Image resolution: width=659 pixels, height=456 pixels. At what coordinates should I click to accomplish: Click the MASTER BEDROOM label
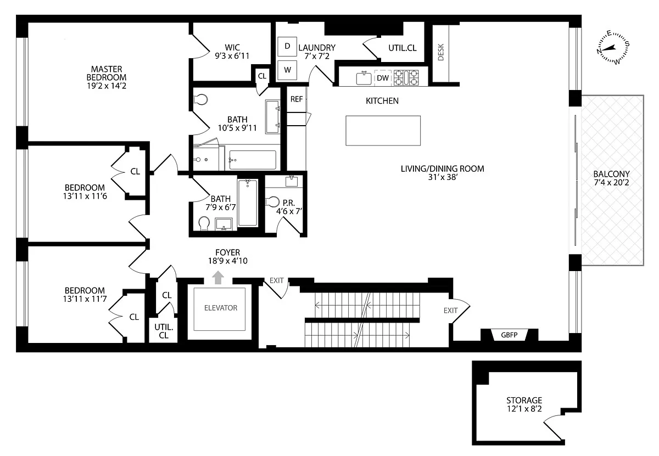pyautogui.click(x=107, y=73)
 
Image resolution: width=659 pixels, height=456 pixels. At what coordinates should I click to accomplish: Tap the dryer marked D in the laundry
pyautogui.click(x=287, y=46)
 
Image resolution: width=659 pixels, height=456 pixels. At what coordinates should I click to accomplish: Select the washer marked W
pyautogui.click(x=287, y=70)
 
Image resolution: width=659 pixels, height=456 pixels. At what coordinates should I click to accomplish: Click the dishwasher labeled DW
pyautogui.click(x=383, y=78)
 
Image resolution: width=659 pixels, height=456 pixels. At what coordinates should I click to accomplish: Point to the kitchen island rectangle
pyautogui.click(x=383, y=131)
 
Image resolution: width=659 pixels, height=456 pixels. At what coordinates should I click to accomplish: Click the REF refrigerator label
pyautogui.click(x=297, y=99)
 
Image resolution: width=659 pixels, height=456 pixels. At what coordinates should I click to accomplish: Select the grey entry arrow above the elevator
pyautogui.click(x=218, y=278)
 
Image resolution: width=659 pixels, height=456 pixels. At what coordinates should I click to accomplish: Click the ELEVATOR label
pyautogui.click(x=221, y=308)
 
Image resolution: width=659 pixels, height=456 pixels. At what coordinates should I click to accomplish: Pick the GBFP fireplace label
pyautogui.click(x=509, y=335)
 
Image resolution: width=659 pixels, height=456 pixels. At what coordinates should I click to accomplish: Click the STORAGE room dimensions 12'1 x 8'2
pyautogui.click(x=524, y=409)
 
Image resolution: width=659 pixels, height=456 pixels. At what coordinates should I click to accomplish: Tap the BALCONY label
pyautogui.click(x=611, y=174)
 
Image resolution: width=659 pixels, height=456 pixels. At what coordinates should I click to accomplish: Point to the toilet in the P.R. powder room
pyautogui.click(x=272, y=202)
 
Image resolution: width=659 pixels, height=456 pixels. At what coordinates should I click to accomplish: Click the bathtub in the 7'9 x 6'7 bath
pyautogui.click(x=248, y=202)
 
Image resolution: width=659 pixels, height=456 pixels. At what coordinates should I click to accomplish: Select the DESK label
pyautogui.click(x=440, y=52)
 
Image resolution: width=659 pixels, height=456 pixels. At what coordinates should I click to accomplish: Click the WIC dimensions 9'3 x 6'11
pyautogui.click(x=232, y=56)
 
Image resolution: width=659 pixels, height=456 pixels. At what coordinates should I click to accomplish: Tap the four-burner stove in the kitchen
pyautogui.click(x=406, y=77)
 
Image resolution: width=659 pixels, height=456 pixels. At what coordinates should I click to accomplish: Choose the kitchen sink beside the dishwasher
pyautogui.click(x=364, y=78)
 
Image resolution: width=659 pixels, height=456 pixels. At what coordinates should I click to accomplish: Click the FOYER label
pyautogui.click(x=228, y=252)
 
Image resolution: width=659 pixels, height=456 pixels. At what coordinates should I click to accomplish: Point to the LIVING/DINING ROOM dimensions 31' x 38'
pyautogui.click(x=443, y=177)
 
